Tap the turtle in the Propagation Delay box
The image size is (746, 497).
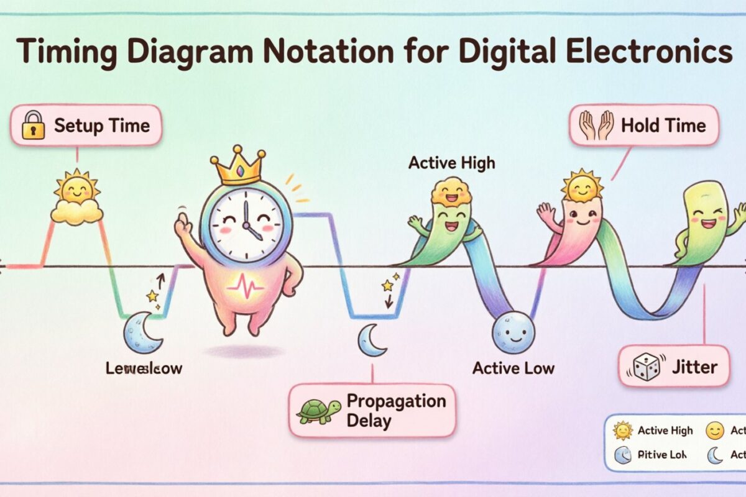coord(318,411)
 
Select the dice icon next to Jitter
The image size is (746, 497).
coord(646,367)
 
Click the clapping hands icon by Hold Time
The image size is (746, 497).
coord(596,126)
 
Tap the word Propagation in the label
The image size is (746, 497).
coord(396,401)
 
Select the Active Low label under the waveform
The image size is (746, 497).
coord(513,368)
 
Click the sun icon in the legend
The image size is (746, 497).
coord(622,431)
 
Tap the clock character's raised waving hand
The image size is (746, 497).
coord(183,223)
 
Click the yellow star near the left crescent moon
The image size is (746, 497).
coord(152,296)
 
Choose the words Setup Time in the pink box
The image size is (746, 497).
coord(101,126)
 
